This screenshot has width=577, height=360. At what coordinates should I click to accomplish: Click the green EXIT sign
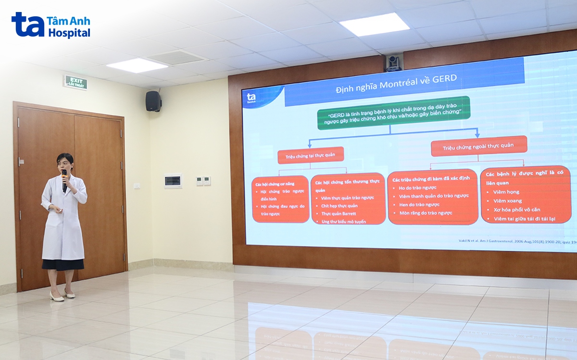point(75,82)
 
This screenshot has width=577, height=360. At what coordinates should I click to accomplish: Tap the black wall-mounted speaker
point(153,101)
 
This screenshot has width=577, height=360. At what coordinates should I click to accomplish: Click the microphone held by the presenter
point(64,179)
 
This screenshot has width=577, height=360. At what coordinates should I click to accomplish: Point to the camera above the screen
point(393,62)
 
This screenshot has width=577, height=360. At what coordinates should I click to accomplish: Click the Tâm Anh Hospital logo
point(51,25)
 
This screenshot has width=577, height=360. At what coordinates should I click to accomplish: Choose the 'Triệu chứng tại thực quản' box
point(311,155)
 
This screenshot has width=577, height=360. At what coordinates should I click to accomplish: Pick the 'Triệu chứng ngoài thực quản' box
point(478,146)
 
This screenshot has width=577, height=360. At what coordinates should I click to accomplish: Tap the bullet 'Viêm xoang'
point(507,200)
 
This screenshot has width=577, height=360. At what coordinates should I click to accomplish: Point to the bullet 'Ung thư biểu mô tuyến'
point(343,222)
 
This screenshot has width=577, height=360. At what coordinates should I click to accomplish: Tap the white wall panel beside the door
point(173,181)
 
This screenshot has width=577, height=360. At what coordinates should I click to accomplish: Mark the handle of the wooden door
point(21,161)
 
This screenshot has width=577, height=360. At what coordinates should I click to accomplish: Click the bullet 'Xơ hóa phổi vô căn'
point(517,210)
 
